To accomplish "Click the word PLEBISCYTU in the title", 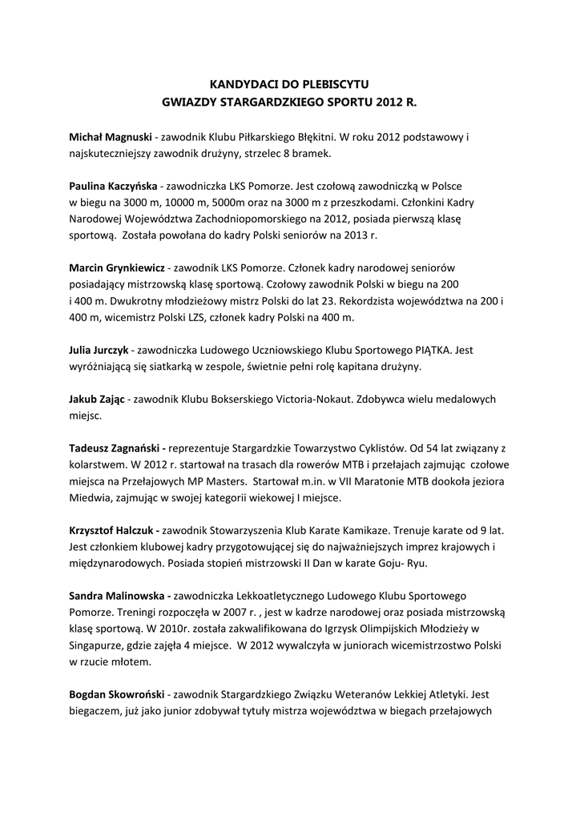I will (x=331, y=82).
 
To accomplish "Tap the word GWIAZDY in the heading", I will (x=190, y=102).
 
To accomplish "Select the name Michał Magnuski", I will (x=111, y=137).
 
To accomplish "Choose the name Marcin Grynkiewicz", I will (x=117, y=267).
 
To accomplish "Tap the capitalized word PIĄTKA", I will (x=435, y=350).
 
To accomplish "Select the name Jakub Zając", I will (x=96, y=399).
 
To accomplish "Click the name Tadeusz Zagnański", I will (x=117, y=448).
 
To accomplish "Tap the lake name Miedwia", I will (x=92, y=497).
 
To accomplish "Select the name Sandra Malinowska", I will (x=119, y=596).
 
